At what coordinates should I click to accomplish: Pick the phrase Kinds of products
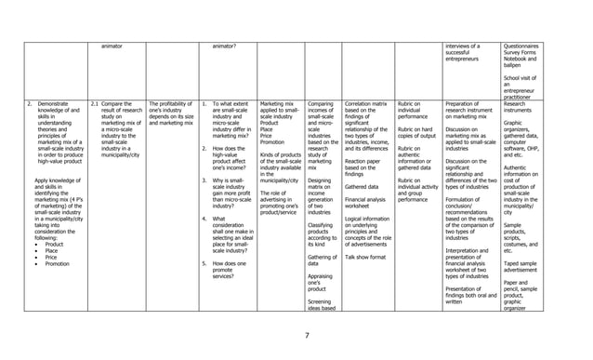[x=279, y=153]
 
